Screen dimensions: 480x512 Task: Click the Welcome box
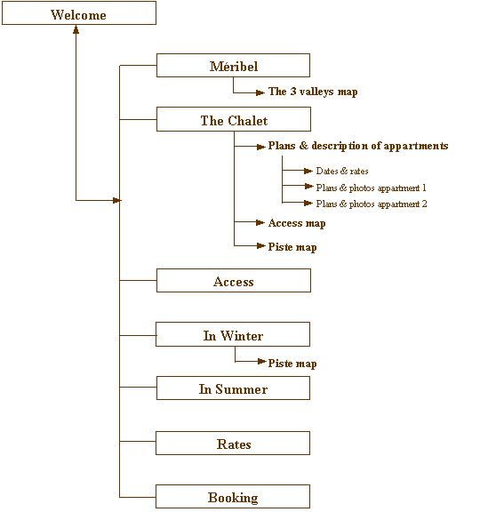point(79,12)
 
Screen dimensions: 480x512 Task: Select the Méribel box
point(233,65)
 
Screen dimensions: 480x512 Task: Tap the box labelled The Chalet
point(234,119)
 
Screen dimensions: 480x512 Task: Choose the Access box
point(234,280)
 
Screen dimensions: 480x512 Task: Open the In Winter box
point(233,334)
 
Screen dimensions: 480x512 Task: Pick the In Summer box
point(233,388)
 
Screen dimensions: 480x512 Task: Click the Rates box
point(233,443)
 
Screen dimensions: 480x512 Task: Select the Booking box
point(233,496)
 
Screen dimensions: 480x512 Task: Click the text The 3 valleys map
point(313,92)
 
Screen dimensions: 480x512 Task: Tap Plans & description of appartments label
point(358,146)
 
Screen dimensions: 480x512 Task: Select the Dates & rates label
point(342,171)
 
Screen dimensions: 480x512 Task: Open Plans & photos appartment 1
point(371,188)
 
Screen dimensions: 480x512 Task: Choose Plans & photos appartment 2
point(372,204)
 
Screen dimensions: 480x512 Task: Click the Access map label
point(297,223)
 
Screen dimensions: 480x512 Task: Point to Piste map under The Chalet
point(292,247)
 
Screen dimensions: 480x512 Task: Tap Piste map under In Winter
point(292,364)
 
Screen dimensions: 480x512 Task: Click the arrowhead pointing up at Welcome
point(76,29)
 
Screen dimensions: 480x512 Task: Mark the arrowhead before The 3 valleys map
point(260,92)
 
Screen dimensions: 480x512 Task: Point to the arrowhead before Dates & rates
point(308,171)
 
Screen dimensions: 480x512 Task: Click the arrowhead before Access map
point(260,223)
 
